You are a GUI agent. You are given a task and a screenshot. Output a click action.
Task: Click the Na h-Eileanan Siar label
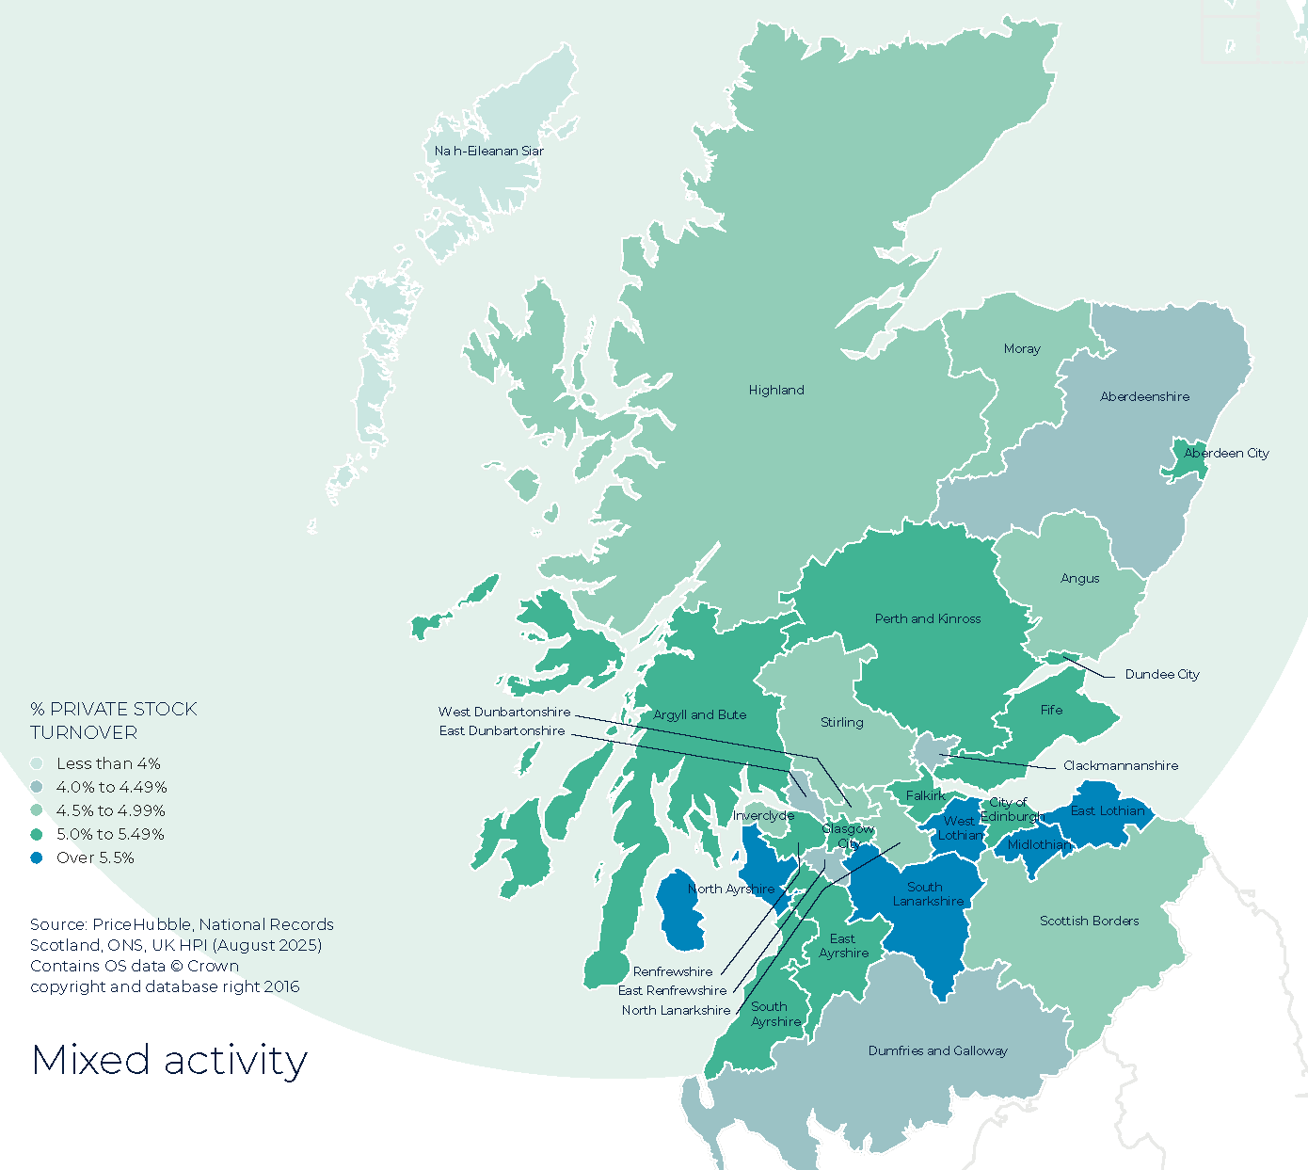click(x=488, y=151)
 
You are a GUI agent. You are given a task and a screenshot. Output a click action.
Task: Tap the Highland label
click(x=776, y=390)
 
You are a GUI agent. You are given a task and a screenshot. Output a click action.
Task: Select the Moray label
click(x=1022, y=348)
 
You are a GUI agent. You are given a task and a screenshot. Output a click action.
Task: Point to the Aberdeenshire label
click(x=1144, y=396)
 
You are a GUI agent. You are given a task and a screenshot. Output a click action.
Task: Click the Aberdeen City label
click(x=1226, y=453)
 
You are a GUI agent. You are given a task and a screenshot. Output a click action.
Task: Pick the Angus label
click(x=1079, y=578)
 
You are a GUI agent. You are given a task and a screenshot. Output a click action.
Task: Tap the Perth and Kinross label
click(x=928, y=618)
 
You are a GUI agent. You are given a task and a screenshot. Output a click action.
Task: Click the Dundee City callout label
click(x=1162, y=674)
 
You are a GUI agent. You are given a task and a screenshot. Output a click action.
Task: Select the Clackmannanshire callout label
click(x=1120, y=765)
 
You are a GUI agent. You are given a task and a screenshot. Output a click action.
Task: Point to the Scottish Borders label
click(x=1089, y=921)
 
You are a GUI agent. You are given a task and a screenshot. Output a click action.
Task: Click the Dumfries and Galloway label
click(x=937, y=1050)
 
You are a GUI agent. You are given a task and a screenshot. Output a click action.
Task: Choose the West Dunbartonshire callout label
click(x=504, y=712)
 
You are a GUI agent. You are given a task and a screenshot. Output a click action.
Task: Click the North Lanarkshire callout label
click(x=676, y=1010)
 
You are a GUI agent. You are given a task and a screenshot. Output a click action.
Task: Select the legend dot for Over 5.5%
click(x=37, y=857)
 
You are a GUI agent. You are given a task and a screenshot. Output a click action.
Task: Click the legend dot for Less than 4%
click(x=37, y=763)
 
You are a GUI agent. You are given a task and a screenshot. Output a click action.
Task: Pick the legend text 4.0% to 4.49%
click(x=111, y=787)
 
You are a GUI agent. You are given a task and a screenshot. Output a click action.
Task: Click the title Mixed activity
click(x=169, y=1060)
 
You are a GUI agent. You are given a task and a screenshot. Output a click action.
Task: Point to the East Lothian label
click(x=1108, y=810)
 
